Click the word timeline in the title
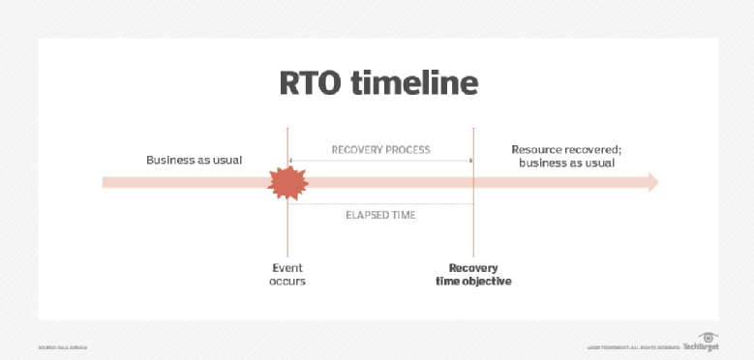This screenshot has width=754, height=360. pos(417,84)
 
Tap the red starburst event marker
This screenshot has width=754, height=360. pos(287,182)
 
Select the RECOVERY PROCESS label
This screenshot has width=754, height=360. pos(380,150)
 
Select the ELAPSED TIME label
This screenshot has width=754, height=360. pos(380,215)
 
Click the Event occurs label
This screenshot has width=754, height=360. pos(287,274)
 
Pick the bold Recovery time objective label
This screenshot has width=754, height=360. pos(473,274)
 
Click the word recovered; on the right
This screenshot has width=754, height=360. pos(593,150)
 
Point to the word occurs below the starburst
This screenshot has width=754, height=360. pos(287,282)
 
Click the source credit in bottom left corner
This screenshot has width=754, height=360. pos(64,346)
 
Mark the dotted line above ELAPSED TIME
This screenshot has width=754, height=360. pos(380,203)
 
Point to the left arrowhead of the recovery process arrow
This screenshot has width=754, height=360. pos(291,161)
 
